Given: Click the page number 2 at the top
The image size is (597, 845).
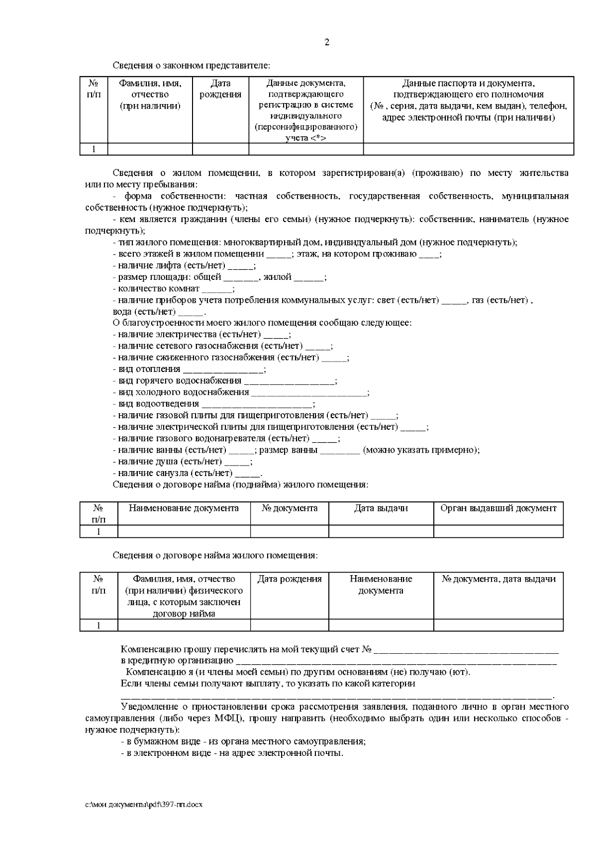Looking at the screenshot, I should (327, 42).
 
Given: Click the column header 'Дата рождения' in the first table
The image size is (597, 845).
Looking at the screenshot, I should (220, 89).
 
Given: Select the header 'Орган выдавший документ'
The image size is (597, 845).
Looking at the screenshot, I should (498, 508).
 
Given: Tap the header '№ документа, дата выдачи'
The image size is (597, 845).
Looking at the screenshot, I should (498, 579).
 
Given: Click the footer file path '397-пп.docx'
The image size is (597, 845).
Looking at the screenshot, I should (144, 805).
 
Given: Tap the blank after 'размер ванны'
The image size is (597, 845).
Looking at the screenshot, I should (339, 451).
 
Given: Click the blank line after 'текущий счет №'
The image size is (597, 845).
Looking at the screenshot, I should (466, 650).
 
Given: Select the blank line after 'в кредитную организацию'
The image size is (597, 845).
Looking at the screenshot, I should (396, 662).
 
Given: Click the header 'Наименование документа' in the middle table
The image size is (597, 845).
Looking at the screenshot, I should (184, 508).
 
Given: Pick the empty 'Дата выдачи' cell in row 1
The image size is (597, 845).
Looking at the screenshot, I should (381, 531).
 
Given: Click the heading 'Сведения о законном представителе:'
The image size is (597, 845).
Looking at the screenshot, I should (192, 65).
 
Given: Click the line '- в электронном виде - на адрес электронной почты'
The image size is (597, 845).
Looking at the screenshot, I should (232, 753).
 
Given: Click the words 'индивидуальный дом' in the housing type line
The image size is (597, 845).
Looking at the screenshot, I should (371, 242).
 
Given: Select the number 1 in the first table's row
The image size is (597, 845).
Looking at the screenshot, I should (94, 149).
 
